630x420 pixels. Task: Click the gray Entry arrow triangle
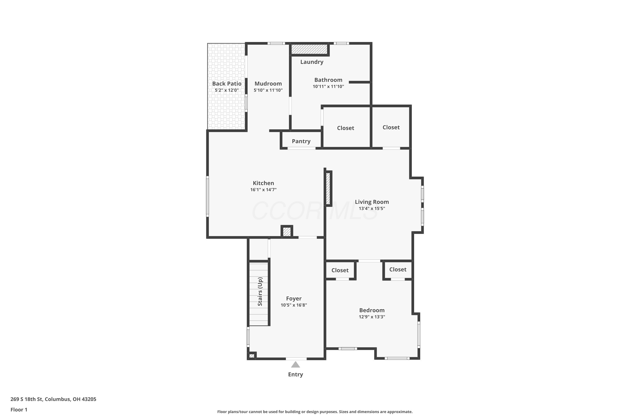(x=295, y=365)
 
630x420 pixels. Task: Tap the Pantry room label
(x=301, y=141)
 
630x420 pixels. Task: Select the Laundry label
(x=312, y=62)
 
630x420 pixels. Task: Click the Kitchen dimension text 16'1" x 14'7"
(x=263, y=190)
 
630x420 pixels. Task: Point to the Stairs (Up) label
(x=260, y=291)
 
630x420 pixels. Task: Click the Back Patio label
(x=227, y=84)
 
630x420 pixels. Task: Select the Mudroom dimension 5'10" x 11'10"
(x=268, y=90)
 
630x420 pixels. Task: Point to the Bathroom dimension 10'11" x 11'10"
(x=328, y=86)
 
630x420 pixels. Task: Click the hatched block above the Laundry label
(x=309, y=49)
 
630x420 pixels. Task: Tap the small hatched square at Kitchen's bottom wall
(x=287, y=232)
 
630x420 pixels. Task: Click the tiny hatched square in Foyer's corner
(x=252, y=356)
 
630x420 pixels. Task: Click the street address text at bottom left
(x=53, y=399)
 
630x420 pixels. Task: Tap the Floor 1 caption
(x=19, y=409)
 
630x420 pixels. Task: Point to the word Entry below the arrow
(x=295, y=374)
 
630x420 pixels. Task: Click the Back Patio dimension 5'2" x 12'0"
(x=227, y=90)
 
